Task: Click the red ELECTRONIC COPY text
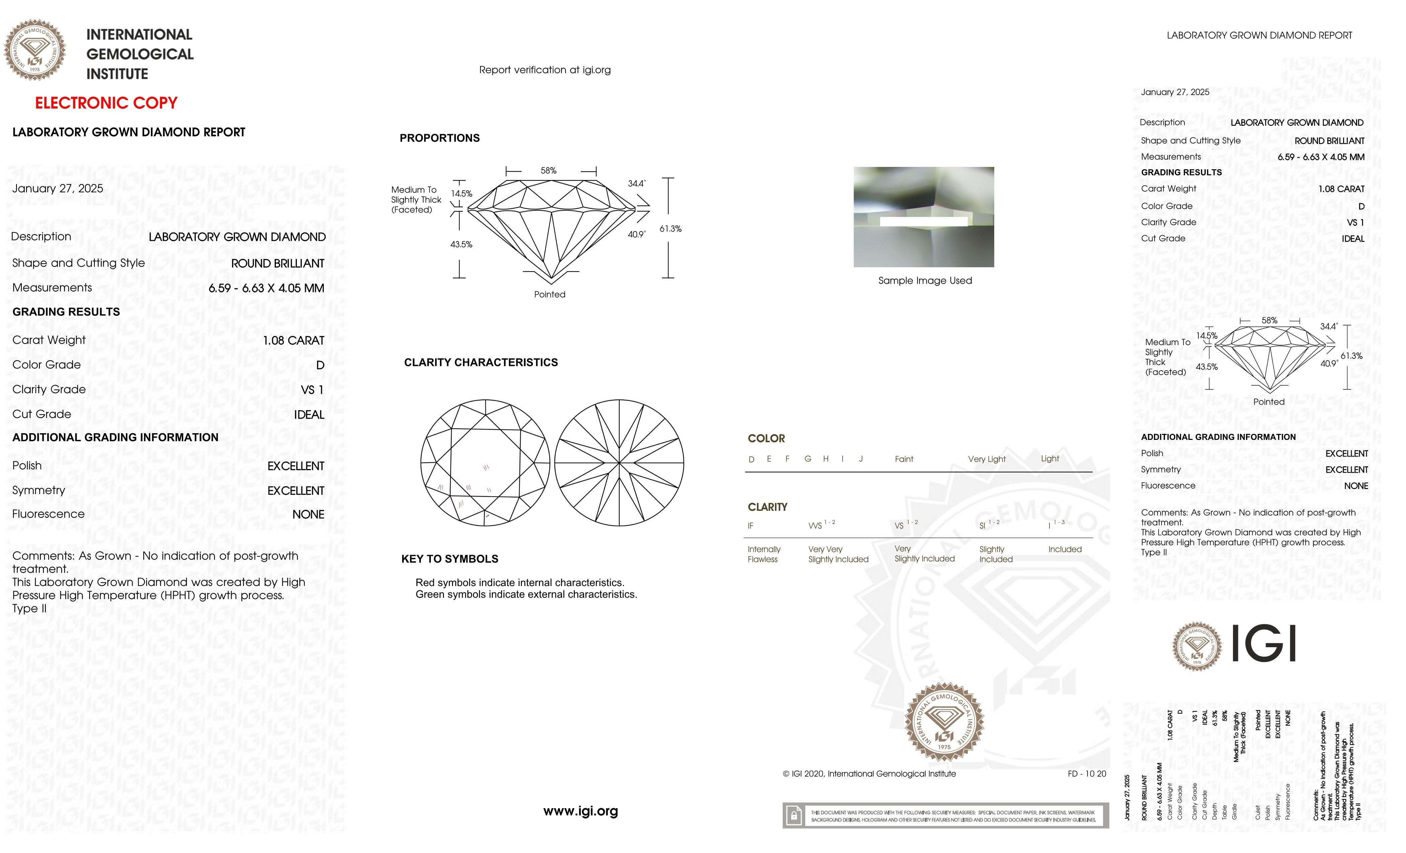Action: coord(106,103)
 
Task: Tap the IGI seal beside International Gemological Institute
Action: coord(35,50)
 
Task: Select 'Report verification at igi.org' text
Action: coord(544,70)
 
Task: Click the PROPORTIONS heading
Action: coord(439,138)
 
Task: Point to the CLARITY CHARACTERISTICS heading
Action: coord(480,363)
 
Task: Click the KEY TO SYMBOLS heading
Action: coord(450,559)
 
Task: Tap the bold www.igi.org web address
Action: coord(580,811)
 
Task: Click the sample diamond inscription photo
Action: coord(923,217)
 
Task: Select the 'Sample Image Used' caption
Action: coord(924,281)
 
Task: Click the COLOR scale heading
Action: coord(766,439)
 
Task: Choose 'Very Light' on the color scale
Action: coord(987,459)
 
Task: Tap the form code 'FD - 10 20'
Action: coord(1086,774)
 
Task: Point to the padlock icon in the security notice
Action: coord(793,816)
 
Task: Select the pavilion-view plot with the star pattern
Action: coord(619,462)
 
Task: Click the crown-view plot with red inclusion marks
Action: coord(485,462)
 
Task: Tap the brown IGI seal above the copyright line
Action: coord(944,722)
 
